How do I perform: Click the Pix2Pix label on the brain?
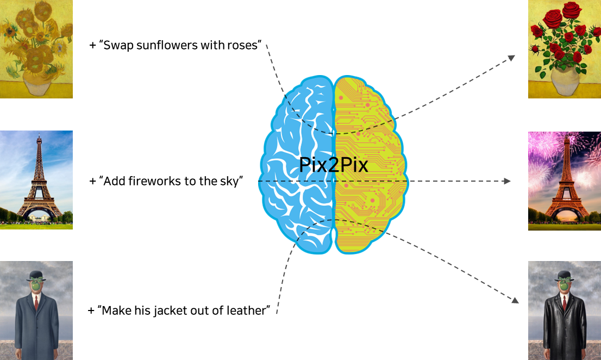click(x=333, y=165)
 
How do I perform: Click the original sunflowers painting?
click(x=36, y=49)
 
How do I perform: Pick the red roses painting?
click(x=564, y=49)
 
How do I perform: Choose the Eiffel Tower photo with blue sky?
click(x=36, y=179)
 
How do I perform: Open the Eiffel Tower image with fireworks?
click(x=564, y=181)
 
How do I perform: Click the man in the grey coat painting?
click(x=36, y=310)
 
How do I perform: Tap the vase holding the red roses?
click(x=565, y=82)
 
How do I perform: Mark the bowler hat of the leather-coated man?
click(x=565, y=274)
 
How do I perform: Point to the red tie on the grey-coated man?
click(x=36, y=302)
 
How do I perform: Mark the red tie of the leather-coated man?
click(x=565, y=302)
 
